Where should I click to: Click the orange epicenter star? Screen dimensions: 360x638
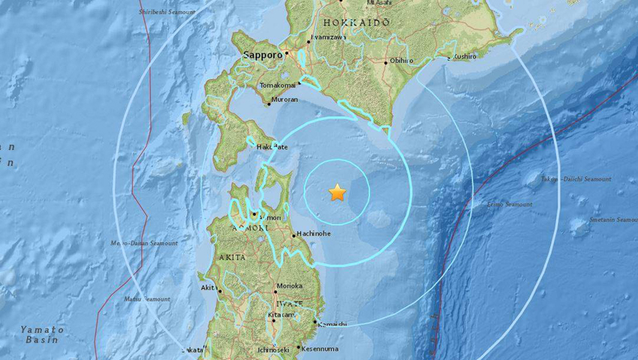337,193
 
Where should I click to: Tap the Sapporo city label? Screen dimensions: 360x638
263,55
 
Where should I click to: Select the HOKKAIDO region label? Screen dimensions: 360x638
355,23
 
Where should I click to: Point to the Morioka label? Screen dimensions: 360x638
289,286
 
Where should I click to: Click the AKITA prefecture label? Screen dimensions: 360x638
231,257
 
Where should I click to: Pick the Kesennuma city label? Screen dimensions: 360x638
320,349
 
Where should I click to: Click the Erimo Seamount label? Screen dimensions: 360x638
510,204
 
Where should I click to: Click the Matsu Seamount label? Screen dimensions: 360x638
148,299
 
